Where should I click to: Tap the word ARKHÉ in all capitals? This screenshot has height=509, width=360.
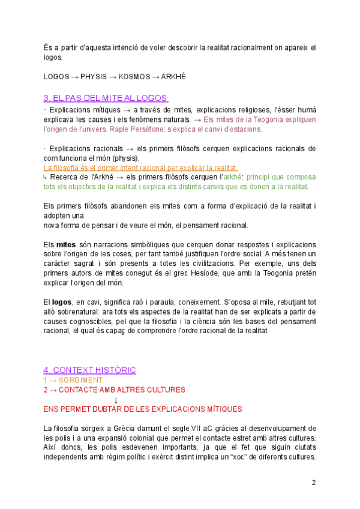(x=173, y=77)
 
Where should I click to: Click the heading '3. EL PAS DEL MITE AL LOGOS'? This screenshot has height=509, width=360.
(x=106, y=98)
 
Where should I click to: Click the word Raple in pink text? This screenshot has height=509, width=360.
(x=118, y=129)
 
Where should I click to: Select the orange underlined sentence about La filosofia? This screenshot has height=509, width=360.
(x=140, y=167)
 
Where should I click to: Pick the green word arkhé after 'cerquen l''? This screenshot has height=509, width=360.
(x=232, y=177)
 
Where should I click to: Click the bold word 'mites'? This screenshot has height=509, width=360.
(x=66, y=245)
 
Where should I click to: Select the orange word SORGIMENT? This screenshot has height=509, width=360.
(x=80, y=380)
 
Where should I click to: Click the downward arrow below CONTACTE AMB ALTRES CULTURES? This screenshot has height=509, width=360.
(x=115, y=399)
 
